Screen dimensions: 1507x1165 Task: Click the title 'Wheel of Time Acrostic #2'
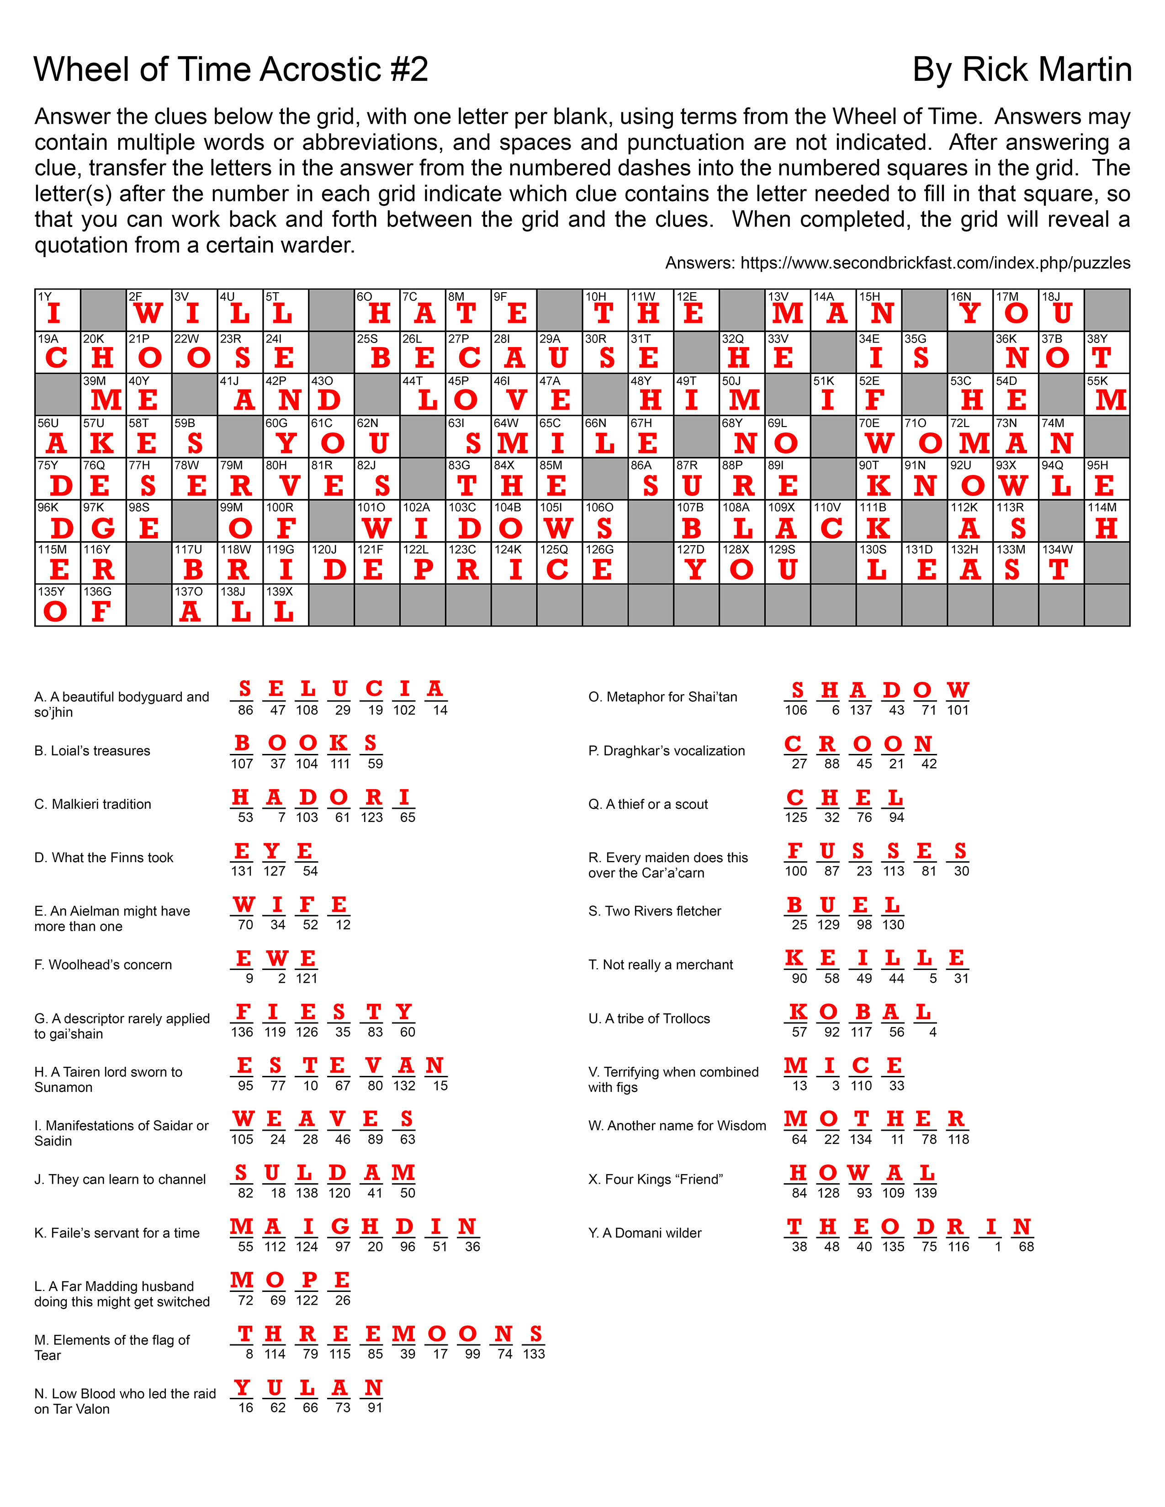tap(231, 70)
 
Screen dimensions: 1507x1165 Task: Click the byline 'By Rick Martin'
tap(1022, 70)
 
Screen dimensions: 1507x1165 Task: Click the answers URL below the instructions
tap(897, 263)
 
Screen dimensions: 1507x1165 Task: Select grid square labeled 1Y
tap(57, 311)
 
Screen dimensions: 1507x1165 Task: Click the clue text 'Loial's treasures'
tap(92, 751)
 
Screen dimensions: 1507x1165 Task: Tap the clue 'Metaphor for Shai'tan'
tap(662, 697)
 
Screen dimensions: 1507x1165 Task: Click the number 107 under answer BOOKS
tap(242, 764)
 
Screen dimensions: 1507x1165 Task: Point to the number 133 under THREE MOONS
tap(534, 1354)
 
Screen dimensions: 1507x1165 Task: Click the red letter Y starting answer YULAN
tap(242, 1388)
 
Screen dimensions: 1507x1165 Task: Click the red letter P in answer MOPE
tap(308, 1280)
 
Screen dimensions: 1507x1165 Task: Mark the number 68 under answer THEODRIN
tap(1026, 1247)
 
